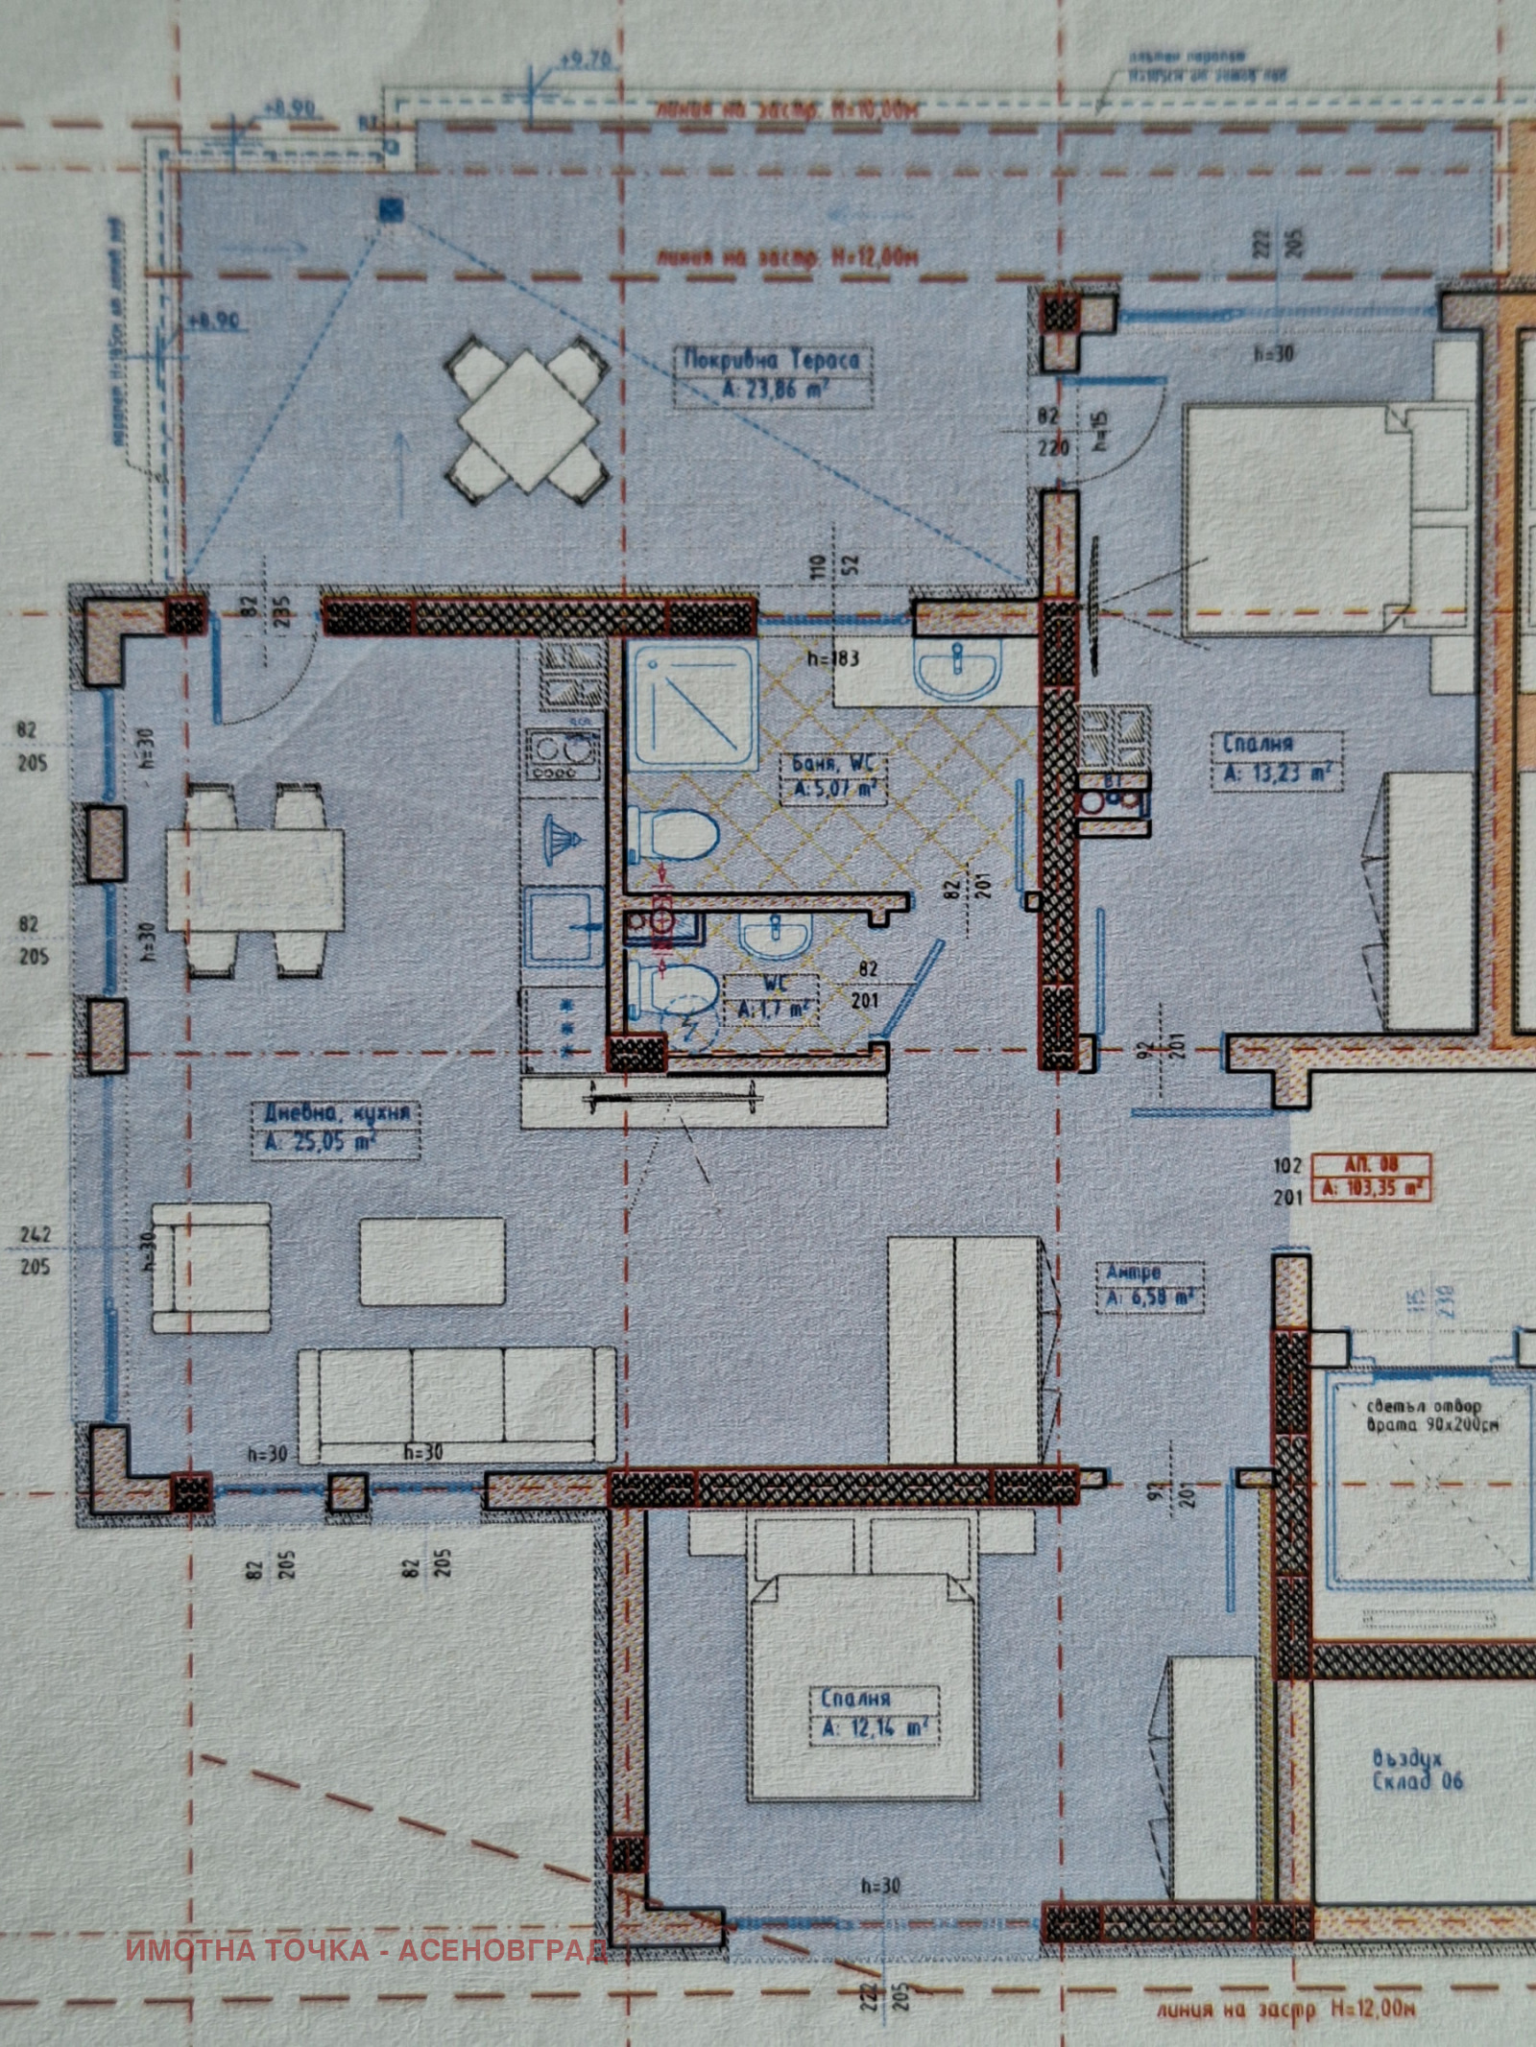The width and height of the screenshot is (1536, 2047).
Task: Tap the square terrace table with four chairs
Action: (x=527, y=419)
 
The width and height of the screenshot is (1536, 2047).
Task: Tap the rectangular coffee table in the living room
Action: (x=432, y=1261)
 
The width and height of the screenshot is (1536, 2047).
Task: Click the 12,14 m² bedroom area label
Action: (x=874, y=1728)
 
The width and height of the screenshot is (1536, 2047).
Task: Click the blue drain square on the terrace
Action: (x=392, y=210)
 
